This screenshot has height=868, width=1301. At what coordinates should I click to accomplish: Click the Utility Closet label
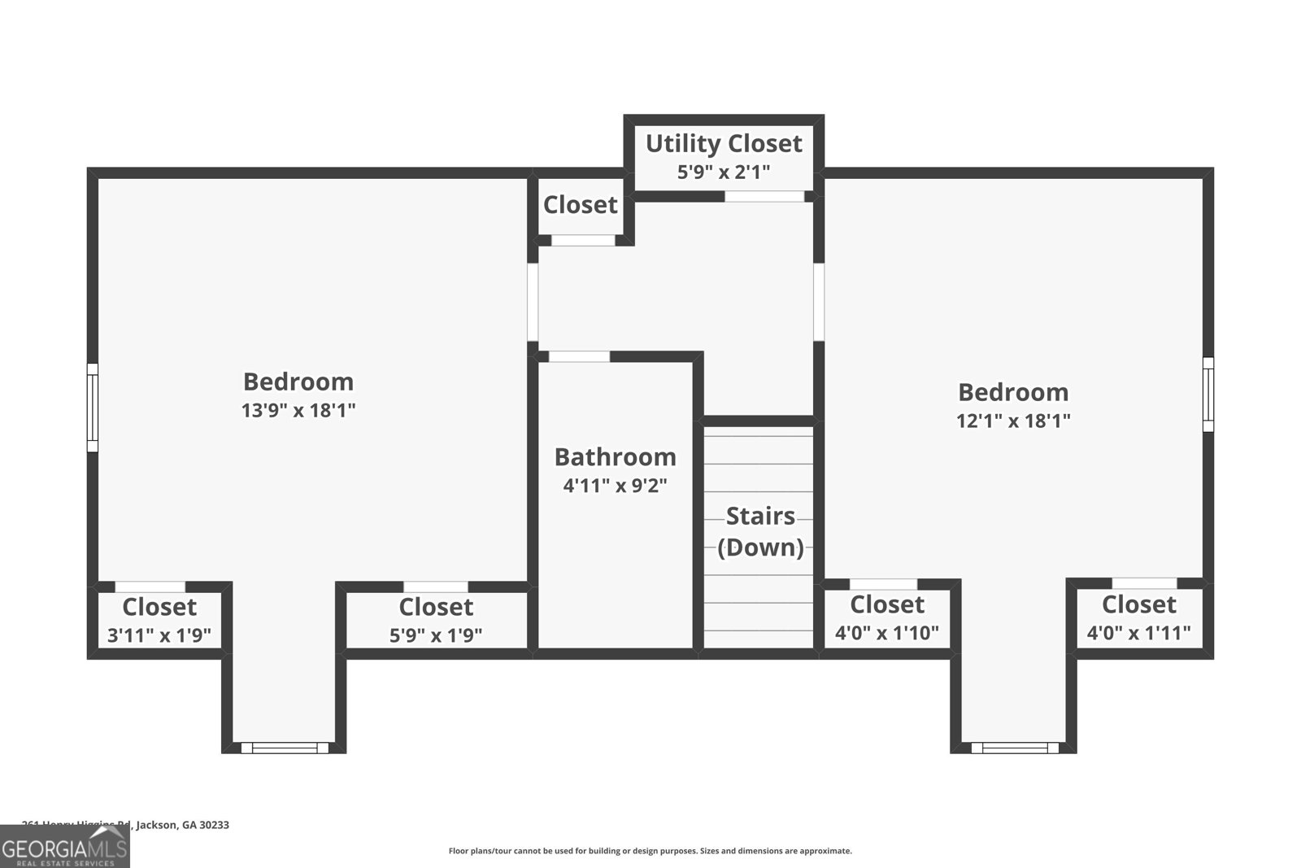point(724,144)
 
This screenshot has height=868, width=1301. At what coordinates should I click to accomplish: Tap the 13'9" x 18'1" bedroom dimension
point(298,410)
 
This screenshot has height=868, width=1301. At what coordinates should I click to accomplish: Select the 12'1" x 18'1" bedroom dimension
point(1013,421)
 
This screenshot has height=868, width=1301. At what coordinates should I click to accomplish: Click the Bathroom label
point(615,457)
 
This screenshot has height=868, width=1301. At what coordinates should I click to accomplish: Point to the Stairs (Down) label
point(760,531)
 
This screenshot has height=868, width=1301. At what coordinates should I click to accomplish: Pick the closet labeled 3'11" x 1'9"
point(159,621)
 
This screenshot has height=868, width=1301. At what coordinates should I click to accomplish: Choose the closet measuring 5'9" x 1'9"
point(436,621)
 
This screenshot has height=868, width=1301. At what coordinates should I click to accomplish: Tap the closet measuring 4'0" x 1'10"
point(887,618)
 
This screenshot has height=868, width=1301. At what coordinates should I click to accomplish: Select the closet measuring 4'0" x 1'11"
point(1138,618)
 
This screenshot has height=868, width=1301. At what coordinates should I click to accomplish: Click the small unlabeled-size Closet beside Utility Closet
point(580,205)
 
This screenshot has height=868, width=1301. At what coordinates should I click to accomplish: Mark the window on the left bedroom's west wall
point(93,407)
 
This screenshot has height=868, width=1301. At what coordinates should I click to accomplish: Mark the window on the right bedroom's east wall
point(1208,394)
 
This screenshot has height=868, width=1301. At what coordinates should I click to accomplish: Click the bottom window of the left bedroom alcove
point(285,748)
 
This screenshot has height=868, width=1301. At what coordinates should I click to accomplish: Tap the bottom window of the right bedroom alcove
point(1015,748)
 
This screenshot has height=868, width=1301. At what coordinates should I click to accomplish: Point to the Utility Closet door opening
point(764,196)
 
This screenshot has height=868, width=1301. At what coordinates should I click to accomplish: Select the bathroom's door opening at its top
point(579,356)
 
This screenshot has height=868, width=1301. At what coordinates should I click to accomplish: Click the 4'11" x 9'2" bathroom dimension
point(615,486)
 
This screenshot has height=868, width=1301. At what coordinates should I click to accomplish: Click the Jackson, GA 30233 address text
point(182,825)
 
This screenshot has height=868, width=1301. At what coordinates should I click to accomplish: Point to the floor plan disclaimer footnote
point(650,851)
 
